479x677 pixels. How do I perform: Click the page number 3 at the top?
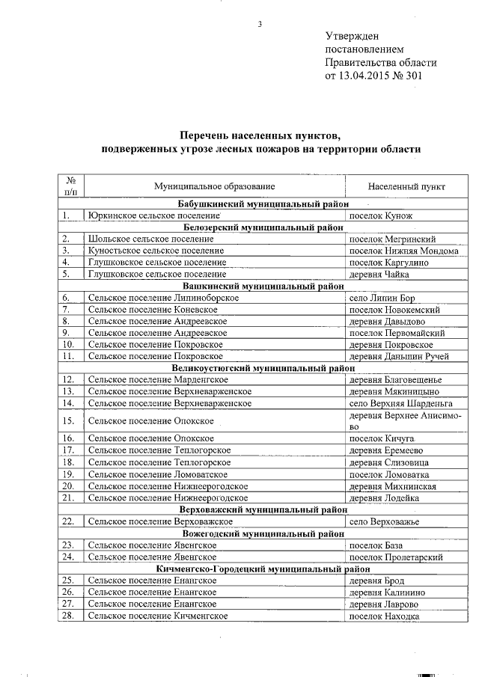pyautogui.click(x=260, y=24)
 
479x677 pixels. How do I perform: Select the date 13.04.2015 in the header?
pyautogui.click(x=370, y=76)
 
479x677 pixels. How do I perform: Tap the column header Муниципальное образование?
pyautogui.click(x=214, y=185)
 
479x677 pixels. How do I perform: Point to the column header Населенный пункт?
pyautogui.click(x=406, y=185)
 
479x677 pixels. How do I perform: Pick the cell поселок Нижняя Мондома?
pyautogui.click(x=403, y=251)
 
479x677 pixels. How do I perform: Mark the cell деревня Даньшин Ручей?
pyautogui.click(x=399, y=356)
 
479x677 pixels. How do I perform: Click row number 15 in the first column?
pyautogui.click(x=70, y=420)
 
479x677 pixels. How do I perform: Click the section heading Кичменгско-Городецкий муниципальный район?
pyautogui.click(x=264, y=569)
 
